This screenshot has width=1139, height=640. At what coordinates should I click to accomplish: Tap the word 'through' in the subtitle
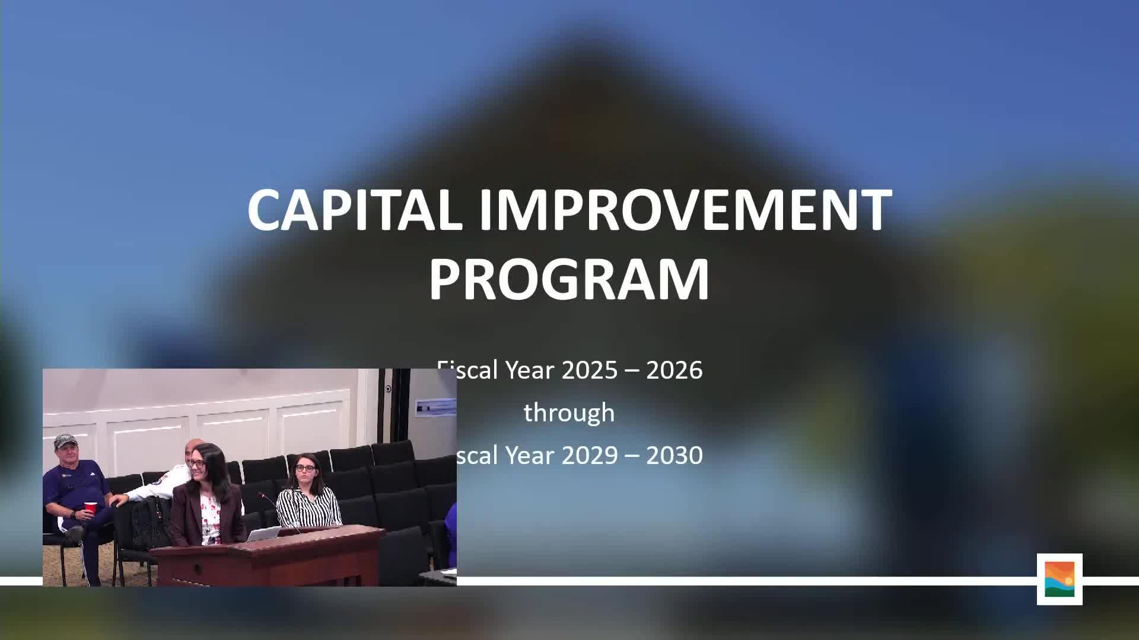pyautogui.click(x=569, y=412)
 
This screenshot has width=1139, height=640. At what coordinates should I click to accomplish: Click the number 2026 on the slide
pyautogui.click(x=674, y=370)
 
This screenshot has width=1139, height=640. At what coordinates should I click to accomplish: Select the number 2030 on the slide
pyautogui.click(x=674, y=455)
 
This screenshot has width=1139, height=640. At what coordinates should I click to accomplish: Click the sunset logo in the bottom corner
pyautogui.click(x=1060, y=579)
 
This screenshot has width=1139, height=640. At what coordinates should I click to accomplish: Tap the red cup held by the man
pyautogui.click(x=90, y=508)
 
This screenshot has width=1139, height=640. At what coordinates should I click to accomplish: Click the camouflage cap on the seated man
pyautogui.click(x=65, y=441)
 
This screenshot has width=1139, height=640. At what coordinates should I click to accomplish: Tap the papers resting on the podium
pyautogui.click(x=263, y=534)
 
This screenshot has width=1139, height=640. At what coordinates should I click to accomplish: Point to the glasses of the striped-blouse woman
pyautogui.click(x=305, y=468)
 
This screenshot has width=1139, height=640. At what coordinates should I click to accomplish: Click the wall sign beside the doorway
pyautogui.click(x=435, y=407)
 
